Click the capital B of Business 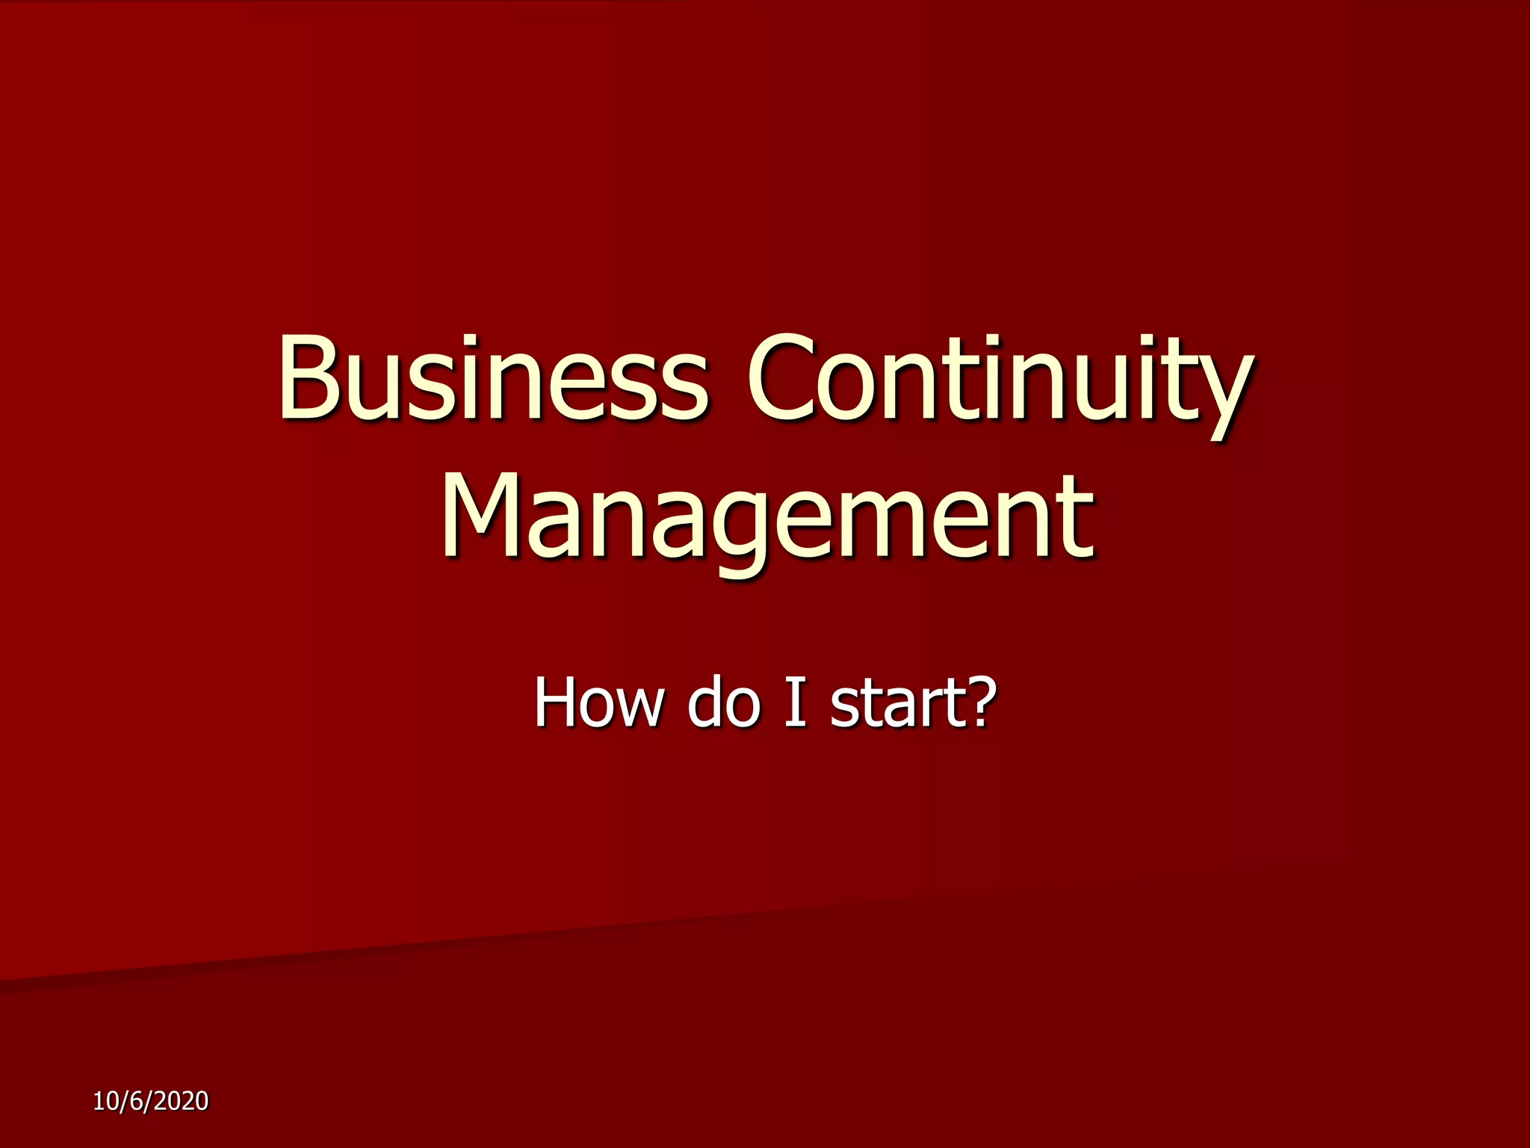(309, 378)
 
